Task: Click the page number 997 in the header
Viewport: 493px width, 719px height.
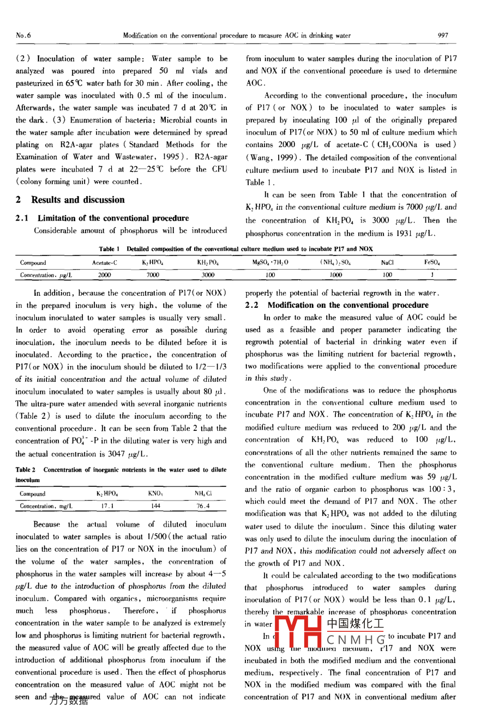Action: point(443,35)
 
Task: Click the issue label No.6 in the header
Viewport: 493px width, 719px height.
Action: point(23,35)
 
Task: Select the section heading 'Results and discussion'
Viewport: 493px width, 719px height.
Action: point(78,200)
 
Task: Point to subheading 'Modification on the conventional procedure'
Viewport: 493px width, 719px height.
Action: point(347,305)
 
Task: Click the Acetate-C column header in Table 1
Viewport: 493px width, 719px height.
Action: point(104,263)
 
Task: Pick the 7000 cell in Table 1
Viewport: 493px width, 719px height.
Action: point(153,275)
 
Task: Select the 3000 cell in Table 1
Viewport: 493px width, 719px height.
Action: point(208,275)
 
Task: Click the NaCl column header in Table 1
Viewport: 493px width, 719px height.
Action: point(387,263)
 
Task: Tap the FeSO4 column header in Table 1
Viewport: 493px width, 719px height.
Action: point(432,263)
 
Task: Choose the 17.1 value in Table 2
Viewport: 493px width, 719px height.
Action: point(107,506)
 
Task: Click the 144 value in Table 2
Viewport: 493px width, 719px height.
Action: point(155,506)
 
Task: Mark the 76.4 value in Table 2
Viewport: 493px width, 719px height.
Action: point(202,506)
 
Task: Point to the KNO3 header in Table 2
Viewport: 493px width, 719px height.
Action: point(155,494)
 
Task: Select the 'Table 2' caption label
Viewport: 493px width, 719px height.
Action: point(26,470)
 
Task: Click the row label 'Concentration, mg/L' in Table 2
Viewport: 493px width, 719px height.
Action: point(46,506)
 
